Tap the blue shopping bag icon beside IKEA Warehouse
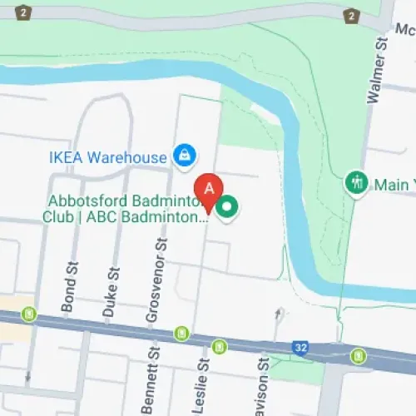[185, 155]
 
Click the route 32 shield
[301, 346]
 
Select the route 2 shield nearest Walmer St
[353, 14]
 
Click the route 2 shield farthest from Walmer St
[22, 12]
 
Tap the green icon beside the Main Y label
[355, 182]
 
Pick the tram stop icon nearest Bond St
[30, 314]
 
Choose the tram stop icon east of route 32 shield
[358, 355]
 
